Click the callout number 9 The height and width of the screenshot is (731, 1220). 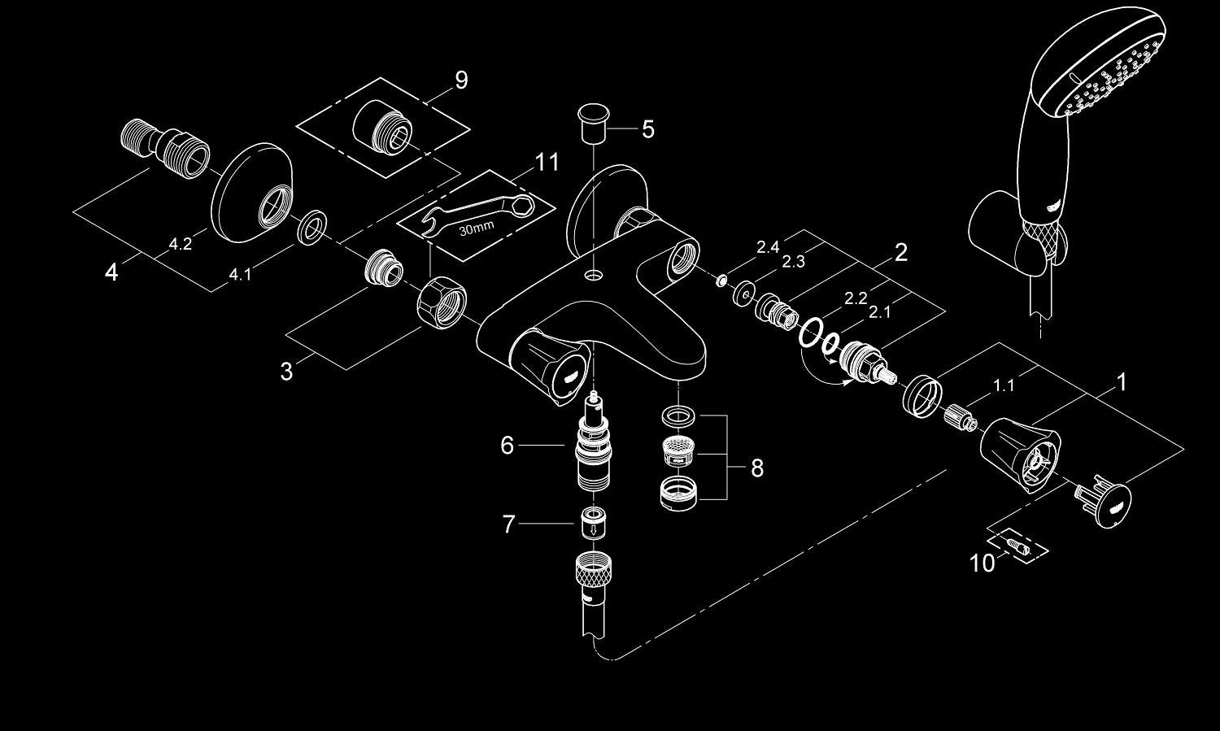tap(461, 80)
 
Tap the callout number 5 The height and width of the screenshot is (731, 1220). tap(647, 129)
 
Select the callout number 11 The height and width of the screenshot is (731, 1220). tap(547, 163)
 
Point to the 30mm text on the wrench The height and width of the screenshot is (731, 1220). tap(476, 228)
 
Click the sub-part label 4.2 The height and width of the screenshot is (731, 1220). tap(180, 244)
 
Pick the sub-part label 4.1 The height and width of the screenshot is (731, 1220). tap(239, 275)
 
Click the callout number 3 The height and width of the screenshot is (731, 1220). tap(286, 372)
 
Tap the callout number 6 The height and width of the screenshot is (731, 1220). tap(507, 445)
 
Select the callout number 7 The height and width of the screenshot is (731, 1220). tap(508, 524)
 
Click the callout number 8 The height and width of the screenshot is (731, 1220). tap(757, 468)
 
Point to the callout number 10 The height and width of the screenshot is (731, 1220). tap(982, 563)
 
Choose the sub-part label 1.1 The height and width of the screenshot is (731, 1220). tap(1004, 385)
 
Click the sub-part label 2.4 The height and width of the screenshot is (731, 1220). tap(768, 247)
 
